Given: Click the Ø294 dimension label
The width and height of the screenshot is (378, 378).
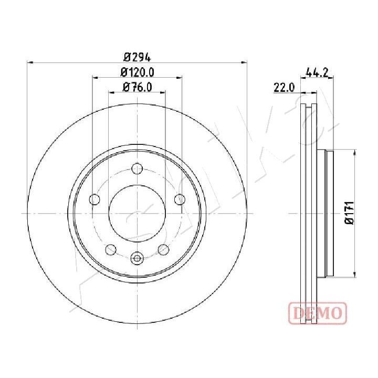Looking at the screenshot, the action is pos(137,58).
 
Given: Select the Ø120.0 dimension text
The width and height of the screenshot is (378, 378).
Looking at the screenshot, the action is pos(137,72).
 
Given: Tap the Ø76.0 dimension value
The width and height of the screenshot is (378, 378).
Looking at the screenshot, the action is pos(137,87).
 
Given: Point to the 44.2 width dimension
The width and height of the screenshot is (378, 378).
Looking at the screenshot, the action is pos(317,72).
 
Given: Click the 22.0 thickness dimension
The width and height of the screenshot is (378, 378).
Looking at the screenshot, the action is pos(284,87).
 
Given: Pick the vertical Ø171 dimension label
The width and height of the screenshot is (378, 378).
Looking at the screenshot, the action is pos(349,213).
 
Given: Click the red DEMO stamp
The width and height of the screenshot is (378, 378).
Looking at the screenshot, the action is pos(318,313).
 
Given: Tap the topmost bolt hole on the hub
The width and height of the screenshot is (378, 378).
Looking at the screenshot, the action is pos(137,169).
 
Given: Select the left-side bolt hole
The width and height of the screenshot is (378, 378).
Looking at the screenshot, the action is pos(94,199).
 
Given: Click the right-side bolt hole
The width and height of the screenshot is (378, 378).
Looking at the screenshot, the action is pos(180,199).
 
